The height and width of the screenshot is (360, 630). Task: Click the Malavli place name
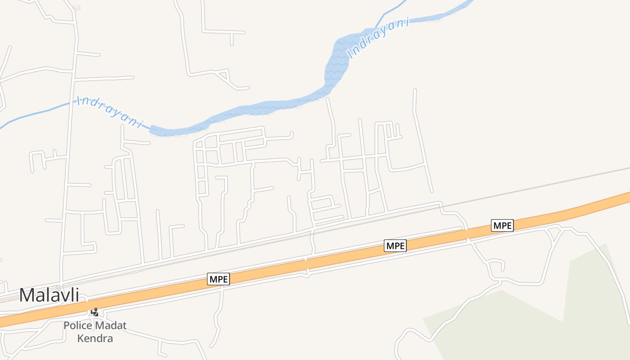click(x=49, y=295)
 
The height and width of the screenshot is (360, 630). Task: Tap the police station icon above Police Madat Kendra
click(x=95, y=312)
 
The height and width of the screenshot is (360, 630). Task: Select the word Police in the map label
click(x=78, y=325)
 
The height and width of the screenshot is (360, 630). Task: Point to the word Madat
click(x=111, y=325)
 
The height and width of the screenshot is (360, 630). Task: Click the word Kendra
click(x=95, y=338)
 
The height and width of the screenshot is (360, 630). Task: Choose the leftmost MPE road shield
click(x=219, y=279)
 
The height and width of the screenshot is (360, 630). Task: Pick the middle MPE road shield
click(x=396, y=246)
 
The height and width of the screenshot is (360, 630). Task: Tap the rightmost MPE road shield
click(x=502, y=225)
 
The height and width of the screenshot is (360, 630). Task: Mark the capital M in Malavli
click(x=27, y=295)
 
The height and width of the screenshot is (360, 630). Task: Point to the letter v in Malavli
click(x=62, y=296)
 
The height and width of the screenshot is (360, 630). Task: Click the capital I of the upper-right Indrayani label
click(x=350, y=55)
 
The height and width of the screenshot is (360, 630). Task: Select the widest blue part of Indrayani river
click(x=337, y=63)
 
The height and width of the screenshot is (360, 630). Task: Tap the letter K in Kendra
click(x=81, y=338)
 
